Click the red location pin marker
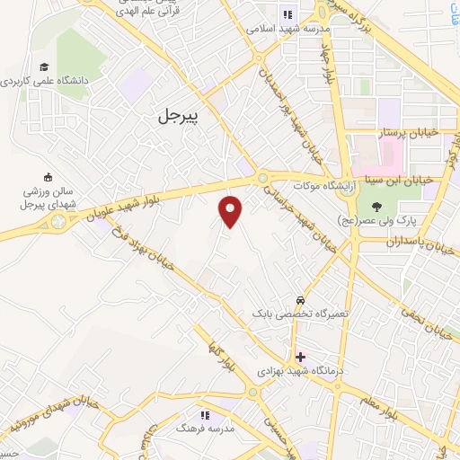point(231,211)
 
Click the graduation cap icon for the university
point(43,66)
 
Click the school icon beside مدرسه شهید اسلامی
point(287,13)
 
